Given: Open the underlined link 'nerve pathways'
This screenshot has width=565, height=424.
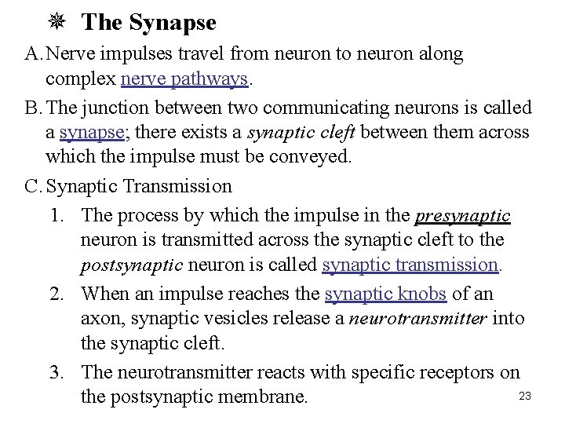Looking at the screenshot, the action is [x=185, y=79].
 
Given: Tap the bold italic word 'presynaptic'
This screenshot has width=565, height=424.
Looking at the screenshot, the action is [x=463, y=214].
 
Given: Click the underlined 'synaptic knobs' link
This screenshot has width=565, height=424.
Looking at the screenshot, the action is [x=385, y=293].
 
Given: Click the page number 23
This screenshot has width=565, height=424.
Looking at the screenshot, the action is [x=525, y=397].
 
